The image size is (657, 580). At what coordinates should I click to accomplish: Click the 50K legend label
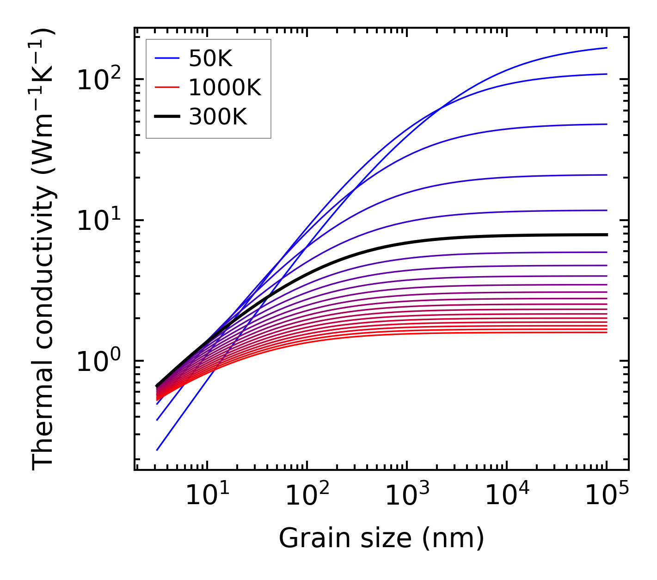210,59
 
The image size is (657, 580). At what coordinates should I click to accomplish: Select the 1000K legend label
225,88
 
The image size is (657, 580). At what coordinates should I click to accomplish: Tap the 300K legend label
218,117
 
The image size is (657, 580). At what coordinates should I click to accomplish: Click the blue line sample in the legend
166,59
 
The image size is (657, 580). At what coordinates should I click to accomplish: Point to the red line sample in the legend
166,88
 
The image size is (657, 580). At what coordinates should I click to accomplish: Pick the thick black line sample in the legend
166,117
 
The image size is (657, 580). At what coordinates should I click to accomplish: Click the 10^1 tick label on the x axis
206,496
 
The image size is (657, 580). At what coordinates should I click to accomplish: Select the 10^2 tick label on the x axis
307,496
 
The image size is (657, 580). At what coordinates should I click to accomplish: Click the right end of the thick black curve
606,234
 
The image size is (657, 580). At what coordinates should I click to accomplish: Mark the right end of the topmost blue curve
606,48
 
